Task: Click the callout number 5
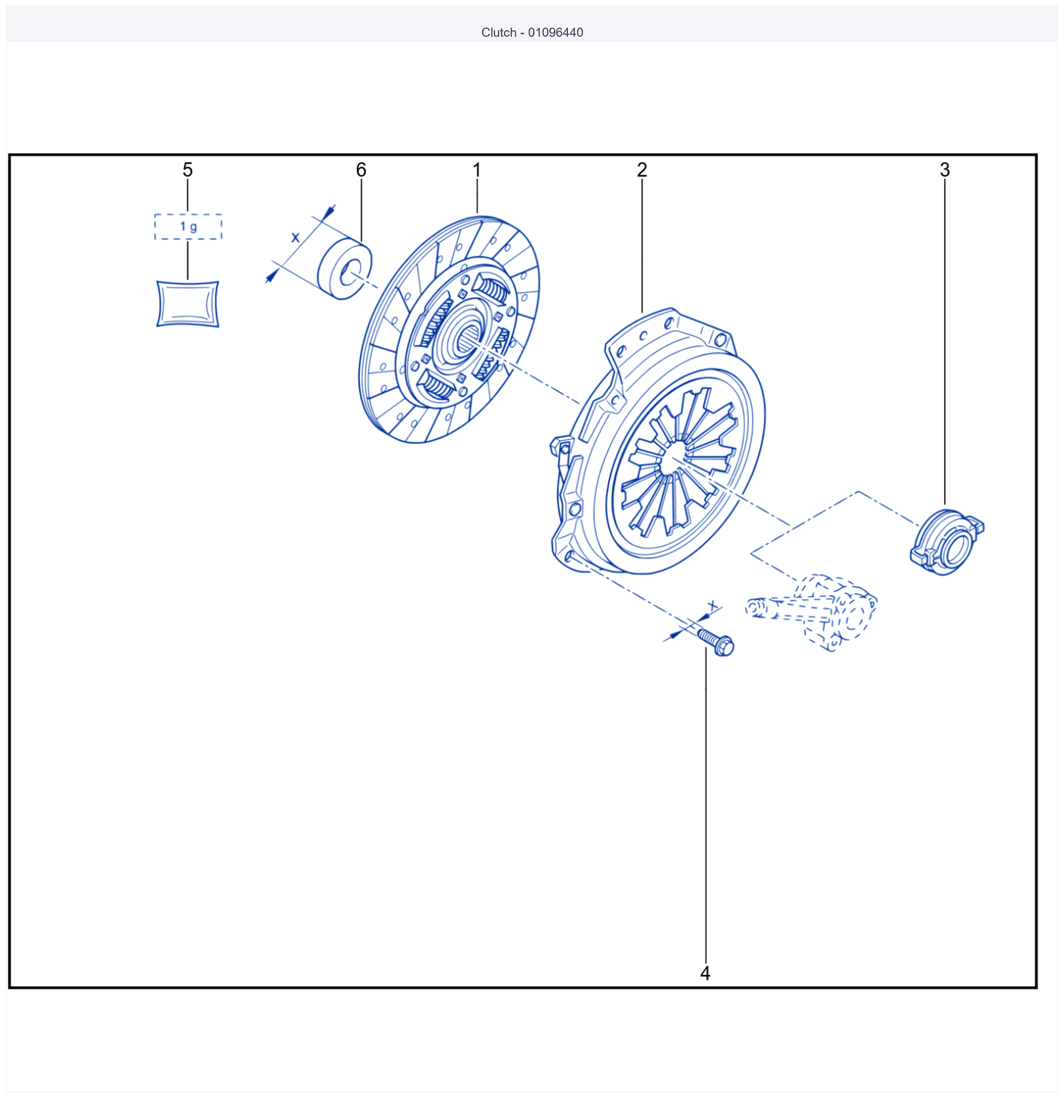pyautogui.click(x=188, y=170)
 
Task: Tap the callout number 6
pyautogui.click(x=361, y=170)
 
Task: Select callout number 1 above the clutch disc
pyautogui.click(x=477, y=170)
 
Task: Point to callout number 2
pyautogui.click(x=642, y=170)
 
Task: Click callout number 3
pyautogui.click(x=945, y=170)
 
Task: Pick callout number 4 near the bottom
pyautogui.click(x=705, y=973)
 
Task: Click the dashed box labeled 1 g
pyautogui.click(x=188, y=227)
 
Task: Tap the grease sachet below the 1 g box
pyautogui.click(x=187, y=303)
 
